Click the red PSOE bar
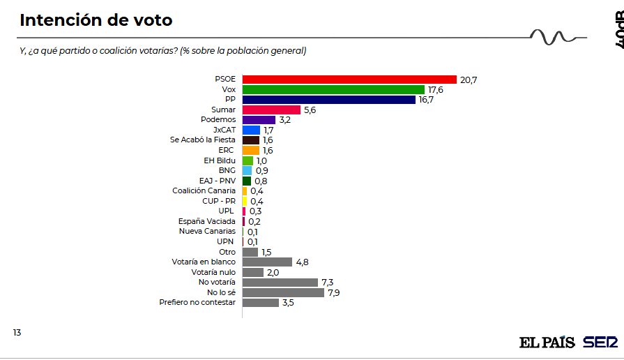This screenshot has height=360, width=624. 349,80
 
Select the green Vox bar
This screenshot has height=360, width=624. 333,89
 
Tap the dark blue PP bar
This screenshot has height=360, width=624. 328,100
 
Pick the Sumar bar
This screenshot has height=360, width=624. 271,110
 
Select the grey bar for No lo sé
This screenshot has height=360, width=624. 282,292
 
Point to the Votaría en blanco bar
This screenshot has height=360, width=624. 266,262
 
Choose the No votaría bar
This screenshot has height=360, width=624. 280,283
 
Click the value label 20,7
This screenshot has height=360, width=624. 469,80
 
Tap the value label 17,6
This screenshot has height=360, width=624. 436,90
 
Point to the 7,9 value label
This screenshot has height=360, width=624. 335,293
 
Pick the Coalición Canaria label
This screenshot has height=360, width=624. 204,190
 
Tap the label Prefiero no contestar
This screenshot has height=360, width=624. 199,303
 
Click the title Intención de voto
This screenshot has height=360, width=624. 96,20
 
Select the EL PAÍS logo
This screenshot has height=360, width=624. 547,343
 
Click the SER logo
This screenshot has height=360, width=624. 600,343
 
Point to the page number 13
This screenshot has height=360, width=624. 17,333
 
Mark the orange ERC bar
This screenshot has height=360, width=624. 250,150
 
